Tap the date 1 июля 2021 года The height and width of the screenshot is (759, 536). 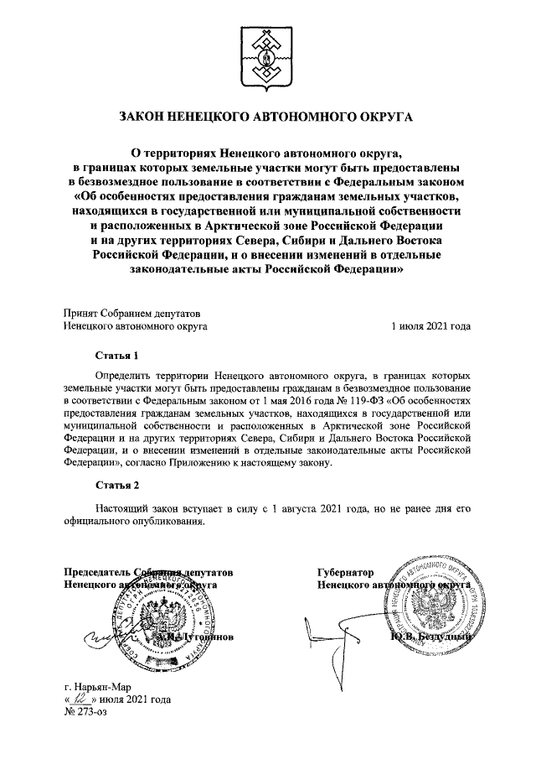(x=430, y=326)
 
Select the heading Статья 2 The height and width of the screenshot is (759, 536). (x=115, y=486)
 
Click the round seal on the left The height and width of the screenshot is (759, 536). (x=167, y=619)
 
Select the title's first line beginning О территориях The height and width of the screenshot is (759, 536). (x=267, y=153)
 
